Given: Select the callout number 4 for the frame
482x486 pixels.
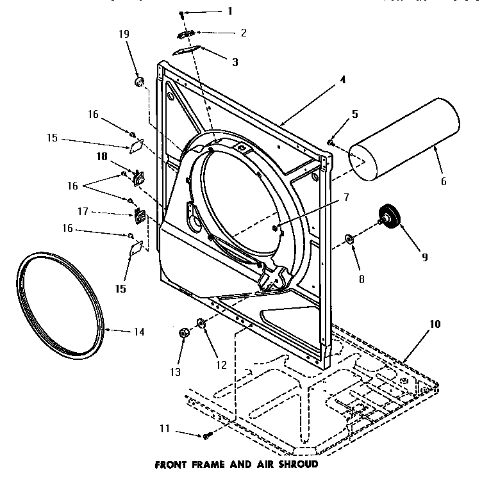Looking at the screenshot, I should tap(342, 80).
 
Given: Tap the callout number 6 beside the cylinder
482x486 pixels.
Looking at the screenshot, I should tap(443, 181).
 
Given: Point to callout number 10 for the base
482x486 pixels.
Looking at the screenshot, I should tap(435, 324).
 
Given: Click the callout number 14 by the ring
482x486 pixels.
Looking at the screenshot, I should tap(138, 332).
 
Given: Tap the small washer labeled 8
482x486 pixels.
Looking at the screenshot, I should tap(349, 239).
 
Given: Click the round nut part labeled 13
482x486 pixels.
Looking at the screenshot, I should tap(183, 332).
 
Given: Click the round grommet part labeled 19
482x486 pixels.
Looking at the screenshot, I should tap(138, 82).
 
